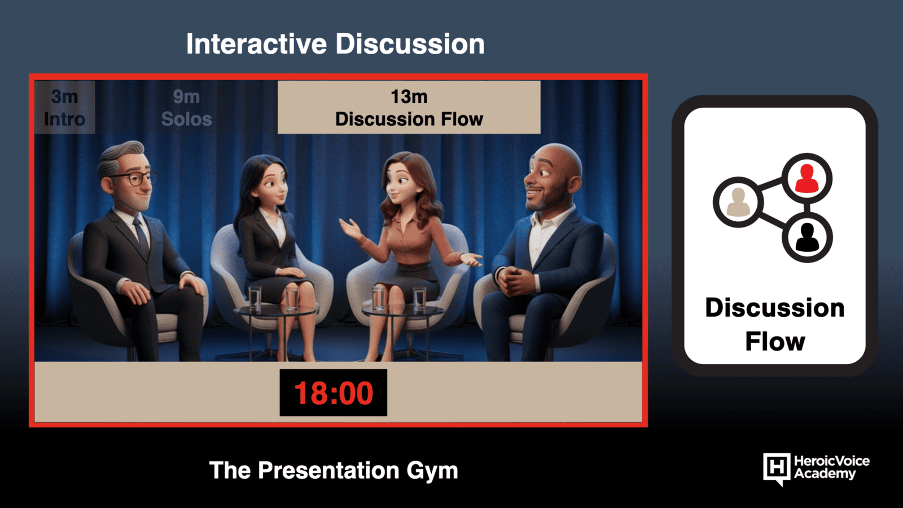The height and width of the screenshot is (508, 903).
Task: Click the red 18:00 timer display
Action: coord(334,393)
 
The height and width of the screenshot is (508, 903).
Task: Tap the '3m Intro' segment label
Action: coord(64,108)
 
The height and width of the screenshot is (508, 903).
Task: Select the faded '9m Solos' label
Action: coord(186,108)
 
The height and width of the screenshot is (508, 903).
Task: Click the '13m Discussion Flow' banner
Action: coord(409,107)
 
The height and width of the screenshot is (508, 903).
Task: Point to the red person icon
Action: coord(806,179)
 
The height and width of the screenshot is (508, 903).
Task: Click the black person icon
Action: coord(808,238)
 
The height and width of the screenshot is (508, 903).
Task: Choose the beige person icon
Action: coord(738,202)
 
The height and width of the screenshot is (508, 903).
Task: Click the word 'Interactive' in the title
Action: coord(256,44)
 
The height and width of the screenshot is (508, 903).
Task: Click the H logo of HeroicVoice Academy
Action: coord(777,468)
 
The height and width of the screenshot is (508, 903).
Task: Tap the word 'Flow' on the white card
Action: coord(775,342)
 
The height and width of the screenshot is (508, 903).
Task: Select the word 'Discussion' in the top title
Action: coord(410,44)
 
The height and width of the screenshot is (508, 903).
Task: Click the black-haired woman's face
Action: coord(274,186)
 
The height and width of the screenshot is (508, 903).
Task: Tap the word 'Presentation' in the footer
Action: coord(328,471)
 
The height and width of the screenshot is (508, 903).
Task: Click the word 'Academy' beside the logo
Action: coord(825,474)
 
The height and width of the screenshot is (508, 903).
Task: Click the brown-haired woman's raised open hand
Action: coord(350,229)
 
